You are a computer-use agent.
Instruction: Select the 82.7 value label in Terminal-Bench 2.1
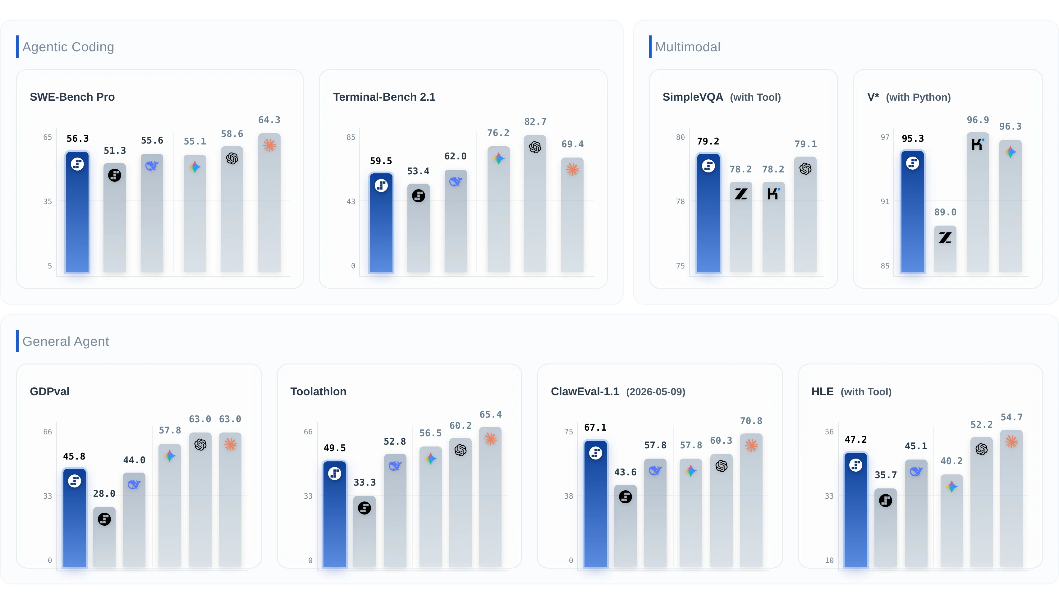click(535, 121)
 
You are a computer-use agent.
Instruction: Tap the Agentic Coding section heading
click(68, 47)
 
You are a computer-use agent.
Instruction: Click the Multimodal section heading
click(687, 47)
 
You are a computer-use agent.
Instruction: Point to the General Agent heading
click(66, 341)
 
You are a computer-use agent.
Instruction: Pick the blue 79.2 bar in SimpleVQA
click(708, 213)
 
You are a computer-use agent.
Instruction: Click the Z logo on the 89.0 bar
click(945, 238)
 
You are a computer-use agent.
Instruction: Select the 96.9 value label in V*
click(978, 120)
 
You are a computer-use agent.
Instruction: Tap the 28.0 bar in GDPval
click(104, 537)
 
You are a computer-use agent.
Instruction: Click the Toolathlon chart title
click(318, 391)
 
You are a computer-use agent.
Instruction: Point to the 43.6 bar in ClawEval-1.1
click(625, 526)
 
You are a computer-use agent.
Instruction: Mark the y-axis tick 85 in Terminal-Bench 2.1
click(351, 137)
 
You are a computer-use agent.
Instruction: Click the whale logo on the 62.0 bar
click(456, 182)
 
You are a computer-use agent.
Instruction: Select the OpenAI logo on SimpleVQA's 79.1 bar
click(805, 168)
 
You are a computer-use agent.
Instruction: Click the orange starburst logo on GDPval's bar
click(230, 445)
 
